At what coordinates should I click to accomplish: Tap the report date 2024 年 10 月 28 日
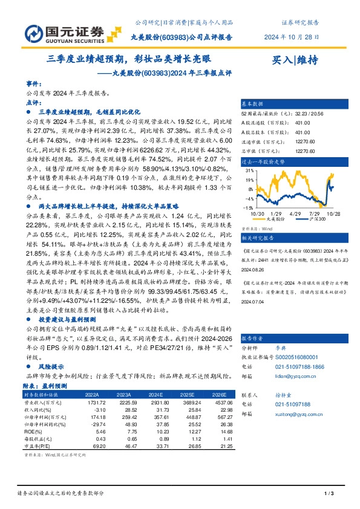[292, 37]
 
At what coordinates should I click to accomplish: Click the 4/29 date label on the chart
[296, 213]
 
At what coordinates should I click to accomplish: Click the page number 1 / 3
[329, 494]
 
